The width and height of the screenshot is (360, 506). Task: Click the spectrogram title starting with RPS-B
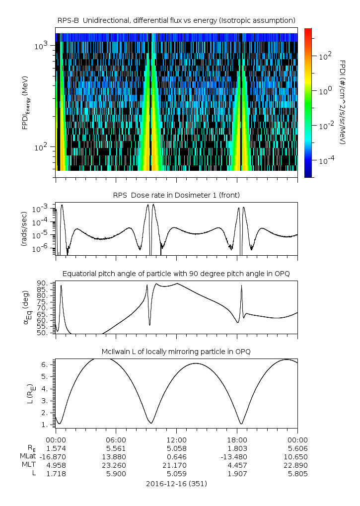[177, 20]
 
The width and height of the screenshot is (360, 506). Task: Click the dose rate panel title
[177, 195]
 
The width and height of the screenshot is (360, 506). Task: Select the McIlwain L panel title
[177, 352]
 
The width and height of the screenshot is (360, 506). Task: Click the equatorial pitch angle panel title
[177, 274]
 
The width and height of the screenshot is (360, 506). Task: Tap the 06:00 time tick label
[116, 439]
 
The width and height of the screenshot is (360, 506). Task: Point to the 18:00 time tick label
[237, 439]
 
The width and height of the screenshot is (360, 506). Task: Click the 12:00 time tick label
[177, 439]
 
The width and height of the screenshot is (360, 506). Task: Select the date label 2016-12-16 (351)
[177, 483]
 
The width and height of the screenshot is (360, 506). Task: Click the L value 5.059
[177, 474]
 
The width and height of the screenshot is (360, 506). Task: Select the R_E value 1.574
[56, 448]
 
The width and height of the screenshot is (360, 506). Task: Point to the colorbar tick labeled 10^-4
[326, 161]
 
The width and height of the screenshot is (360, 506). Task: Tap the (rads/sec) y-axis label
[24, 229]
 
